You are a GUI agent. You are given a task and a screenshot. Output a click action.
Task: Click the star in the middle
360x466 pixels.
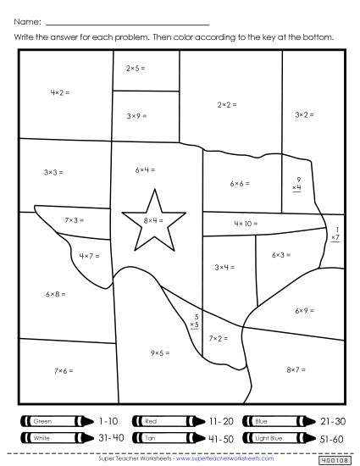pos(153,221)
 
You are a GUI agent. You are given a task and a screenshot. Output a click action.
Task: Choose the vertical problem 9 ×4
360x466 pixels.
pos(297,184)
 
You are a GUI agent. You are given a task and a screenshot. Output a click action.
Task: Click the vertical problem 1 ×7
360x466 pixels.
pos(336,235)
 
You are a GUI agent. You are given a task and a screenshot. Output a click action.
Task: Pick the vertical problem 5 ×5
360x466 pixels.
pos(194,319)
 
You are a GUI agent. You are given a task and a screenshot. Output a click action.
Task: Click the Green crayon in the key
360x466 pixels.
pos(53,420)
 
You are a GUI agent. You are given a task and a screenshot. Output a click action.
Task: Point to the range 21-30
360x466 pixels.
pos(331,420)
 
